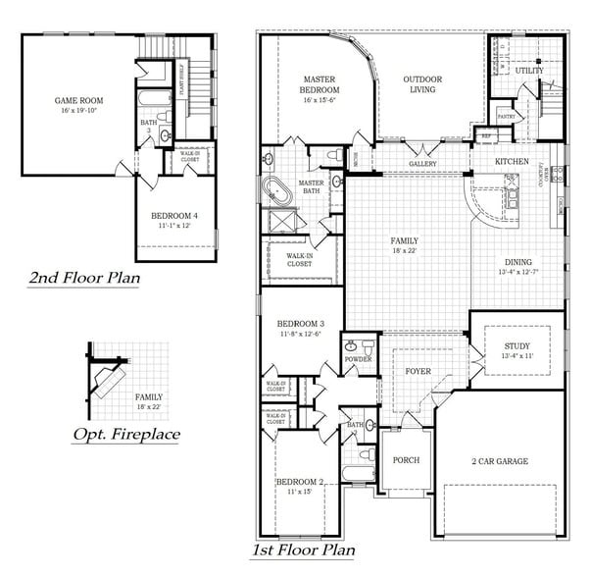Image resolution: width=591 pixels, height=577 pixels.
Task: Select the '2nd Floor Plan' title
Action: point(83,278)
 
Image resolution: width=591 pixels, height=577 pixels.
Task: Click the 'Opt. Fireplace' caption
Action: point(125,433)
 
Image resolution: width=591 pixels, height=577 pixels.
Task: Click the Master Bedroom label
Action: point(320,83)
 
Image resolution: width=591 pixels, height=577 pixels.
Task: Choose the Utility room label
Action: point(529,71)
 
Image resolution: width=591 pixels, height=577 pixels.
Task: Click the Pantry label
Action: point(507,116)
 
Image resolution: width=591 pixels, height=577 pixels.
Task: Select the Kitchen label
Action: point(511,161)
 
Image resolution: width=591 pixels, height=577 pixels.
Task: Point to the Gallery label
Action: point(422,165)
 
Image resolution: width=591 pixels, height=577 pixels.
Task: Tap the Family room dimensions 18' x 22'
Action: point(403,250)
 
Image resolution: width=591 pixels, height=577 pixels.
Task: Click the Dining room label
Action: point(518,262)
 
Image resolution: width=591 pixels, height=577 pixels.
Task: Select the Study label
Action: point(517,346)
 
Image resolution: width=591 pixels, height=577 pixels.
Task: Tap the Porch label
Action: point(406,460)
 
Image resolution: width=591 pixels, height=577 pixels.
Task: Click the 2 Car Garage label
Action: point(499,461)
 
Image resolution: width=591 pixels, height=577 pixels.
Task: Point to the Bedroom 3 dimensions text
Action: point(300,334)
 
